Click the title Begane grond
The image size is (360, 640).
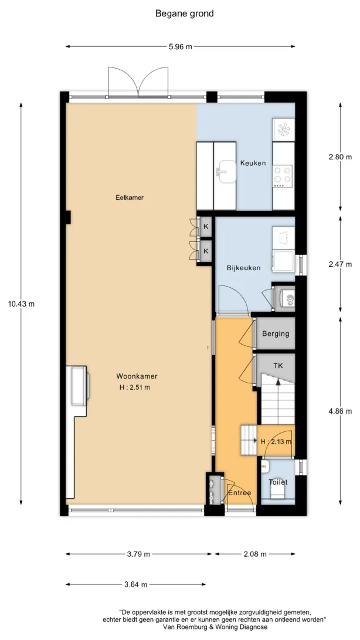184,13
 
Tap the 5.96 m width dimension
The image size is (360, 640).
180,46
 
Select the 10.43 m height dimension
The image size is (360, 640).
21,304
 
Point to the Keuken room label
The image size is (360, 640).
253,164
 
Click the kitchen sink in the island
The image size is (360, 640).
226,172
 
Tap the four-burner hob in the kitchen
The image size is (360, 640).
283,175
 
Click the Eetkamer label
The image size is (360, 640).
130,198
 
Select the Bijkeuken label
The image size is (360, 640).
244,268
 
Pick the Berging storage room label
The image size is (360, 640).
276,333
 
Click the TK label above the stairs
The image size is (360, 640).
277,366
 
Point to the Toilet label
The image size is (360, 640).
278,482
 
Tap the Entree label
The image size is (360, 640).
240,493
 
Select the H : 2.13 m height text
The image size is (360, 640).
276,441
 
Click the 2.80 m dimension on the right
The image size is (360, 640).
340,157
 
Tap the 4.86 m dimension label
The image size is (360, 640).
340,411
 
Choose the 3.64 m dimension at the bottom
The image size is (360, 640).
135,584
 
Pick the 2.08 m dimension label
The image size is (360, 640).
254,554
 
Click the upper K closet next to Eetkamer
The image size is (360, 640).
206,227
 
